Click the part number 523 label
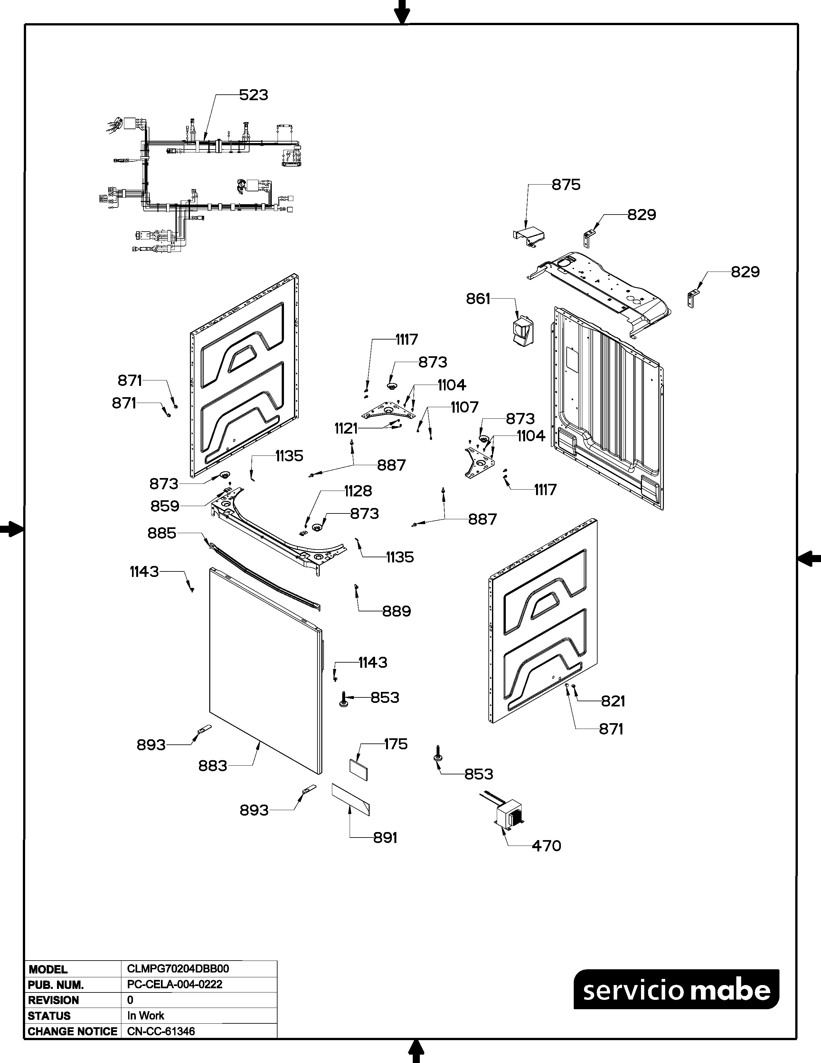pos(253,95)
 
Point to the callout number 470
pos(546,846)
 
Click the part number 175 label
pos(395,744)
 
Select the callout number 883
pos(212,766)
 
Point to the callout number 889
pos(396,611)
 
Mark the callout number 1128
pos(358,491)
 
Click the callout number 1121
pos(346,429)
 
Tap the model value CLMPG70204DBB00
pos(178,969)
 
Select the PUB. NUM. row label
pos(56,985)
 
